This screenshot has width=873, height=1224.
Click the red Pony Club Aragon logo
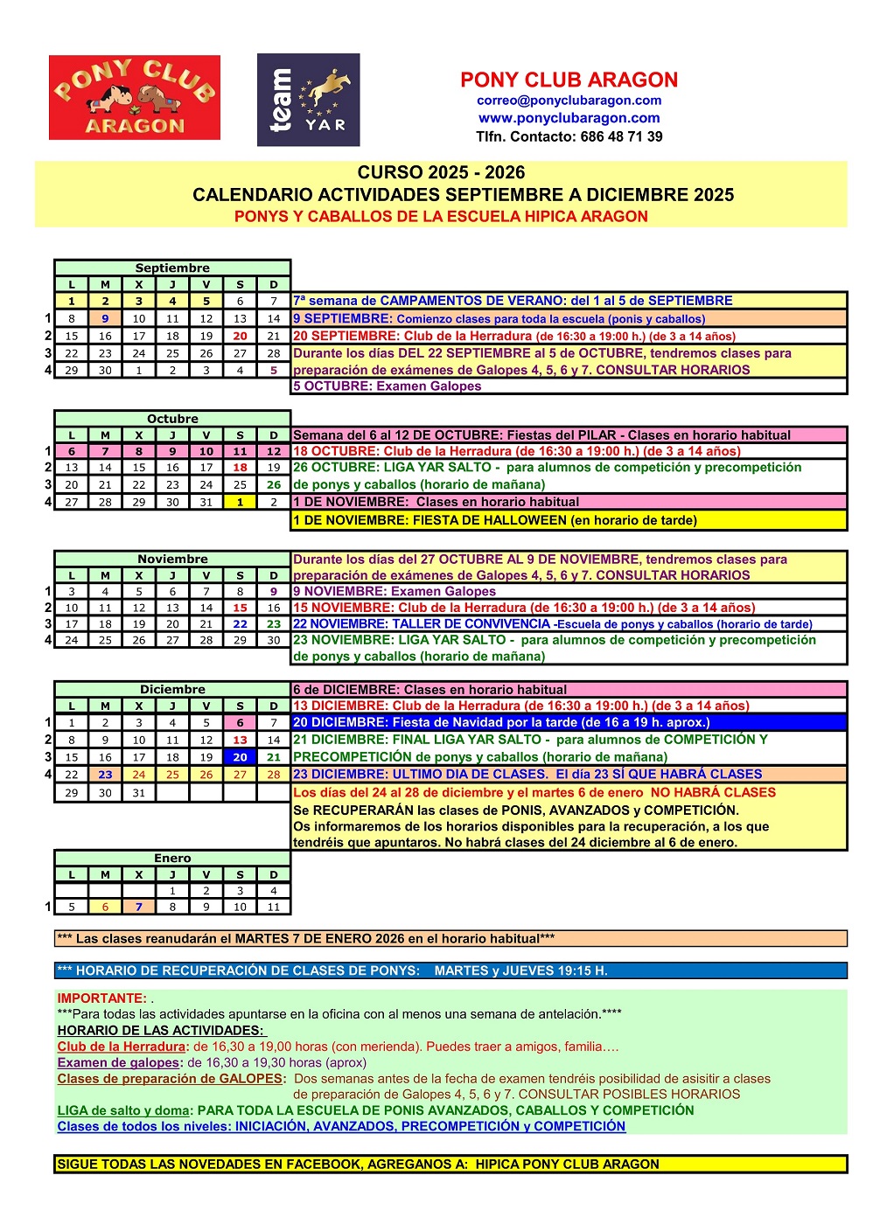(x=134, y=97)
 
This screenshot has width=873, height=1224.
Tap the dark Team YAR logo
(x=308, y=100)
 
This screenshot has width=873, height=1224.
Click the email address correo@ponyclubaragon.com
(x=569, y=100)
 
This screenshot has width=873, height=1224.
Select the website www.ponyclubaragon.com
(x=569, y=118)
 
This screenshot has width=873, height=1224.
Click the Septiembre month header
(x=172, y=268)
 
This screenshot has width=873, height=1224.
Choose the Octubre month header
(x=172, y=419)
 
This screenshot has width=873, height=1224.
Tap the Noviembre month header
(x=172, y=559)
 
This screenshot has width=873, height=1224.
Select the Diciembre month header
(x=172, y=689)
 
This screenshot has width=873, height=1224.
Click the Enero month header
(x=172, y=858)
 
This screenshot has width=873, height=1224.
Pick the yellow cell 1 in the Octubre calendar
(x=240, y=502)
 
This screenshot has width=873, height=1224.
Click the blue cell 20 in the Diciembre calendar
(x=240, y=757)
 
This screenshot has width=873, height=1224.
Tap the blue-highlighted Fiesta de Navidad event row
(x=569, y=722)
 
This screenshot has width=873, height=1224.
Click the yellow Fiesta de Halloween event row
(x=569, y=520)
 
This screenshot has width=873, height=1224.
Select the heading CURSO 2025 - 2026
(x=441, y=172)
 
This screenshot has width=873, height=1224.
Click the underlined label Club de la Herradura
(x=122, y=1047)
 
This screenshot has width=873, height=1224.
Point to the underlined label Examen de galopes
(x=118, y=1062)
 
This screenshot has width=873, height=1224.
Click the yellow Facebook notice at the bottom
(x=450, y=1165)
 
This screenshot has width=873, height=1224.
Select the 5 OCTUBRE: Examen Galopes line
(x=387, y=386)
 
